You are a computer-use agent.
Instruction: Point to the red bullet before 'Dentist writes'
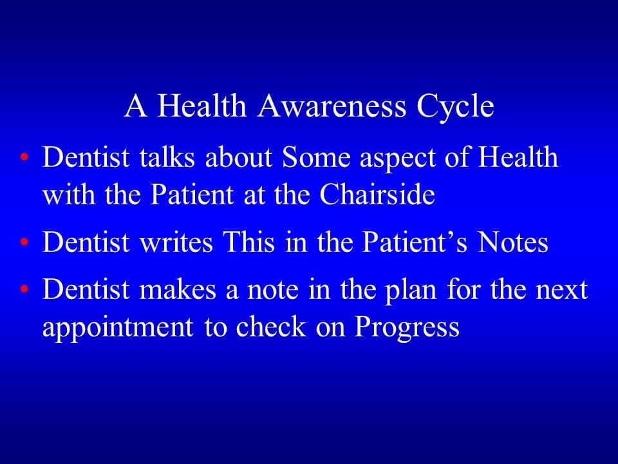[24, 244]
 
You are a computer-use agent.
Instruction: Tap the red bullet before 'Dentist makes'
[24, 291]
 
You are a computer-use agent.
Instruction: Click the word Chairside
[378, 195]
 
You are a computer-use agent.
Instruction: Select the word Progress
[407, 327]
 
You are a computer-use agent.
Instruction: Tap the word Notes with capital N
[512, 242]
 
